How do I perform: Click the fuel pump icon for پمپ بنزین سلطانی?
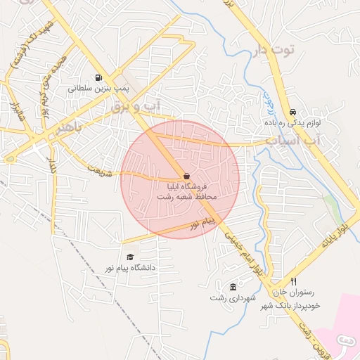[x=97, y=78]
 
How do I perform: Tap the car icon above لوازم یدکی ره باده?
[x=292, y=112]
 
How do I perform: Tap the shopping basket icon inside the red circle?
[x=186, y=176]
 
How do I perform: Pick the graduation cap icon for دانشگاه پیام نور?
[x=129, y=257]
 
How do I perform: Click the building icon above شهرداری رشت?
[x=233, y=287]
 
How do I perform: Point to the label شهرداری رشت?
[x=230, y=298]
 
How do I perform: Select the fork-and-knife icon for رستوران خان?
[x=293, y=281]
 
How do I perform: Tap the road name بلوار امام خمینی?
[x=245, y=257]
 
